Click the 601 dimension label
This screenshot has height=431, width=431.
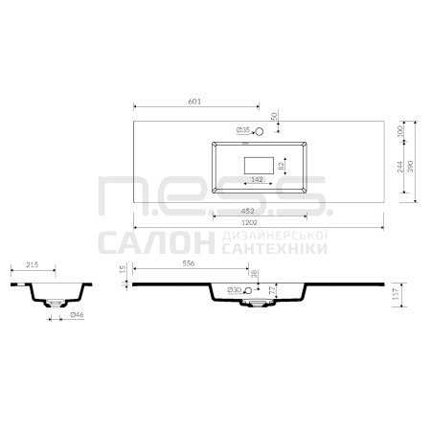pos(194,102)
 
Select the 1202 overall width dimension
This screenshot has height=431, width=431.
pos(249,222)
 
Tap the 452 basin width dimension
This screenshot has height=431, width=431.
pos(248,211)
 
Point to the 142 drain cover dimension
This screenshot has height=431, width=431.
pos(257,179)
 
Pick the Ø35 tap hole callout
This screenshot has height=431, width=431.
pos(243,130)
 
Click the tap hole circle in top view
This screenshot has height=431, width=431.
pos(259,131)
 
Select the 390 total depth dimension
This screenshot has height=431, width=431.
pos(411,167)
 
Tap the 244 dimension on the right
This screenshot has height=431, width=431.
pos(400,167)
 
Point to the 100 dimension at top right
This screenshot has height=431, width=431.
pos(400,131)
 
